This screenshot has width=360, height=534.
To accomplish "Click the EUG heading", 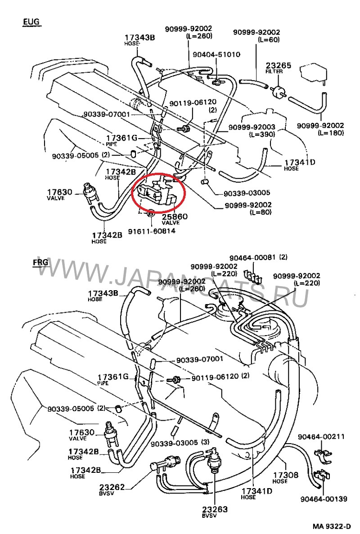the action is coord(31,22).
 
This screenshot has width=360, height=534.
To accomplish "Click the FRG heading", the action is coord(40,263).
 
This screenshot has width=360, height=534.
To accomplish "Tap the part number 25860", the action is coord(175,216).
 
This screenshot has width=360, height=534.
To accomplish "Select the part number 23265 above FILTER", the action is coord(279,66).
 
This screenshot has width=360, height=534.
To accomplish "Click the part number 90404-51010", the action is coord(216,54).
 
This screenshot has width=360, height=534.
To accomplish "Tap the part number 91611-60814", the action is coord(152,231).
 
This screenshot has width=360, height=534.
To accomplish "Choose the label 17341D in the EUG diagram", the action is coord(300,162).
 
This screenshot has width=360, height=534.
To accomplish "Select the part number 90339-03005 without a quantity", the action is coord(247,193).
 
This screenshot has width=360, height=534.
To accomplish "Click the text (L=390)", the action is coord(262,134).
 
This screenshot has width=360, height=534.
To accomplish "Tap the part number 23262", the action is coord(112,487).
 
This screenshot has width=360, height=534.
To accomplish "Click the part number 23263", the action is coord(215,509).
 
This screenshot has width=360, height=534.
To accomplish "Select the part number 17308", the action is coord(285,475).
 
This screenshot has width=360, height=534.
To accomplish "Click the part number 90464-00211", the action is coord(321,436).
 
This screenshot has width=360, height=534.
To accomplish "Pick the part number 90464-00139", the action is coord(324,499).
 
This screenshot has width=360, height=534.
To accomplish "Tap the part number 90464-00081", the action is coord(252,258).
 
